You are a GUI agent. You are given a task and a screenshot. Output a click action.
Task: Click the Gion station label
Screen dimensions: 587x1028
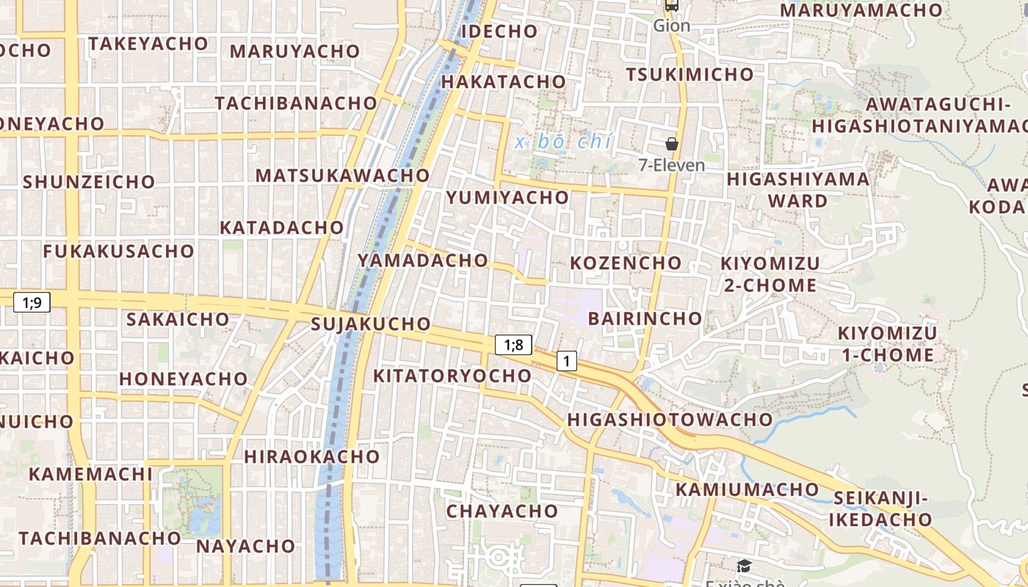(672, 26)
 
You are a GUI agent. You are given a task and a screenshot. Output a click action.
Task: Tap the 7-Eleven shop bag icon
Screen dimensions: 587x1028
(671, 143)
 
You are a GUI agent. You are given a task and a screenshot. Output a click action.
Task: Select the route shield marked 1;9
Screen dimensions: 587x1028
(32, 302)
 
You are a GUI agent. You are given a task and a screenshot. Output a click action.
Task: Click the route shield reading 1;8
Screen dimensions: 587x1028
(513, 345)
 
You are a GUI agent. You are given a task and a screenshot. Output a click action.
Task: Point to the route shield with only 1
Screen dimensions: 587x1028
(566, 361)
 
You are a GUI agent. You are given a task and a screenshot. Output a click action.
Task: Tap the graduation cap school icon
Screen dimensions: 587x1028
(744, 566)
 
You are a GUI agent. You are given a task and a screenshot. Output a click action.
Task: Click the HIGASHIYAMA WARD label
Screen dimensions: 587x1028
(797, 189)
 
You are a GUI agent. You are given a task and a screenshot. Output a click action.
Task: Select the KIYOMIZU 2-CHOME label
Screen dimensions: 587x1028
(770, 274)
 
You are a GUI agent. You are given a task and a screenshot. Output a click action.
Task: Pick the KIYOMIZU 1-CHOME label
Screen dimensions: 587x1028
(887, 344)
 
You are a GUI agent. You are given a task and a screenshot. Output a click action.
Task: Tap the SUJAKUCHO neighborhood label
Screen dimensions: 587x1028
(371, 324)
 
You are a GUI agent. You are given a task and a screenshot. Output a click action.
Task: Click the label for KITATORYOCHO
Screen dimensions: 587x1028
(452, 376)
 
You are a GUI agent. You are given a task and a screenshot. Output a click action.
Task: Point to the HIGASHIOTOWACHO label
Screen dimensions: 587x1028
(670, 420)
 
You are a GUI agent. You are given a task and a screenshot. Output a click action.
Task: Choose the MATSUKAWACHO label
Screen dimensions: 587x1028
(342, 175)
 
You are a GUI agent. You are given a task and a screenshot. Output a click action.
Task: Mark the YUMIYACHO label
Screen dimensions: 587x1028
(507, 197)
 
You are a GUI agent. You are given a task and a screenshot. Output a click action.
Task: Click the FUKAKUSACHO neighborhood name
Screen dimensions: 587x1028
(118, 251)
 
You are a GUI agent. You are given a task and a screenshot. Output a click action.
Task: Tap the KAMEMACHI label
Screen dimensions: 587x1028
(90, 473)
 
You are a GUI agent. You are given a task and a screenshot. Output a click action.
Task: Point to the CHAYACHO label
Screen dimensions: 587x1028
(502, 511)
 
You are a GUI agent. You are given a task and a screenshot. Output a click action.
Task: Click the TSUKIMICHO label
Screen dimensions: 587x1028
(689, 74)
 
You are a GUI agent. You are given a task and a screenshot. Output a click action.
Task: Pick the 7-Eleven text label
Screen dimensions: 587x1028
(672, 165)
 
